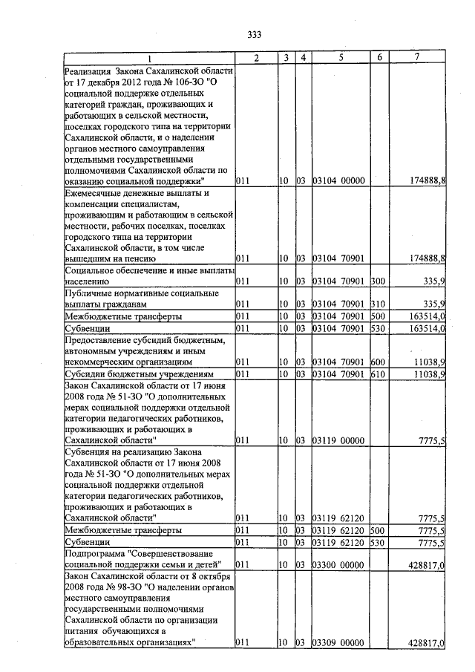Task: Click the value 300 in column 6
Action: [380, 281]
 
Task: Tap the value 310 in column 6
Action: [380, 304]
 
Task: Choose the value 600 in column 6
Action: [380, 362]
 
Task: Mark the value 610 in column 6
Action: [380, 373]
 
